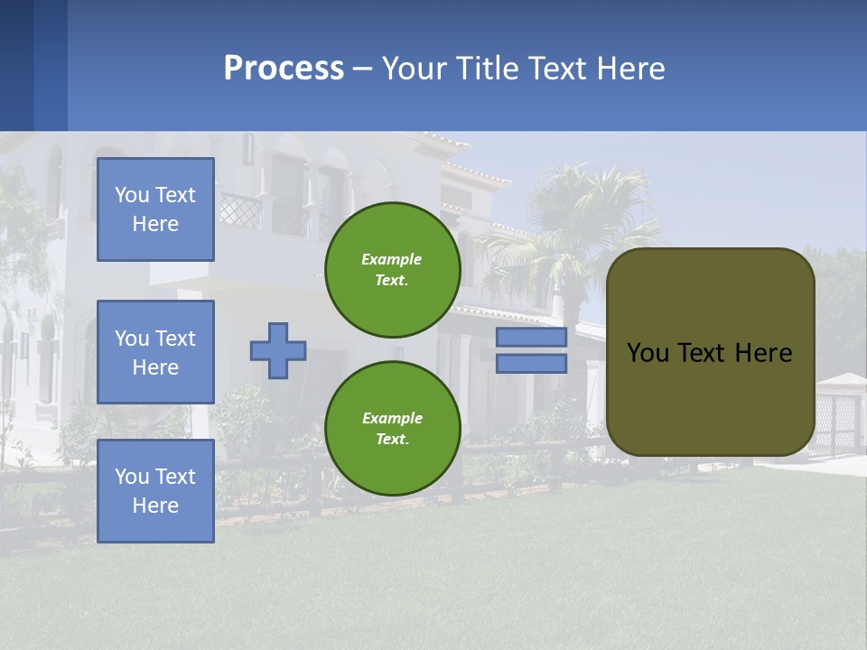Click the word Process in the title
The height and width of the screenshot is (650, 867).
(x=284, y=69)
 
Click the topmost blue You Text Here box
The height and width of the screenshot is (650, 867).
(x=155, y=209)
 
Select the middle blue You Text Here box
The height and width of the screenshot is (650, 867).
(x=155, y=352)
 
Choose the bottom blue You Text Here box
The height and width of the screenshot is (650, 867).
(x=155, y=491)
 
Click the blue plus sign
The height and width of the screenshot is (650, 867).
(x=278, y=350)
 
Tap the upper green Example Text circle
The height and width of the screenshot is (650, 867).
(x=392, y=270)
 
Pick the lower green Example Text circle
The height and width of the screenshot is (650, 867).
(x=392, y=429)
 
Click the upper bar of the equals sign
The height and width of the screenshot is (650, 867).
(x=531, y=338)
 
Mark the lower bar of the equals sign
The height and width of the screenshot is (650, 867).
(x=531, y=364)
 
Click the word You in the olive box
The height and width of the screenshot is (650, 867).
(x=648, y=353)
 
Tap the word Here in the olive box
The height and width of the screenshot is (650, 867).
(x=763, y=353)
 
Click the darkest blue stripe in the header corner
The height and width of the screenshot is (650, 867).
(x=16, y=65)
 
